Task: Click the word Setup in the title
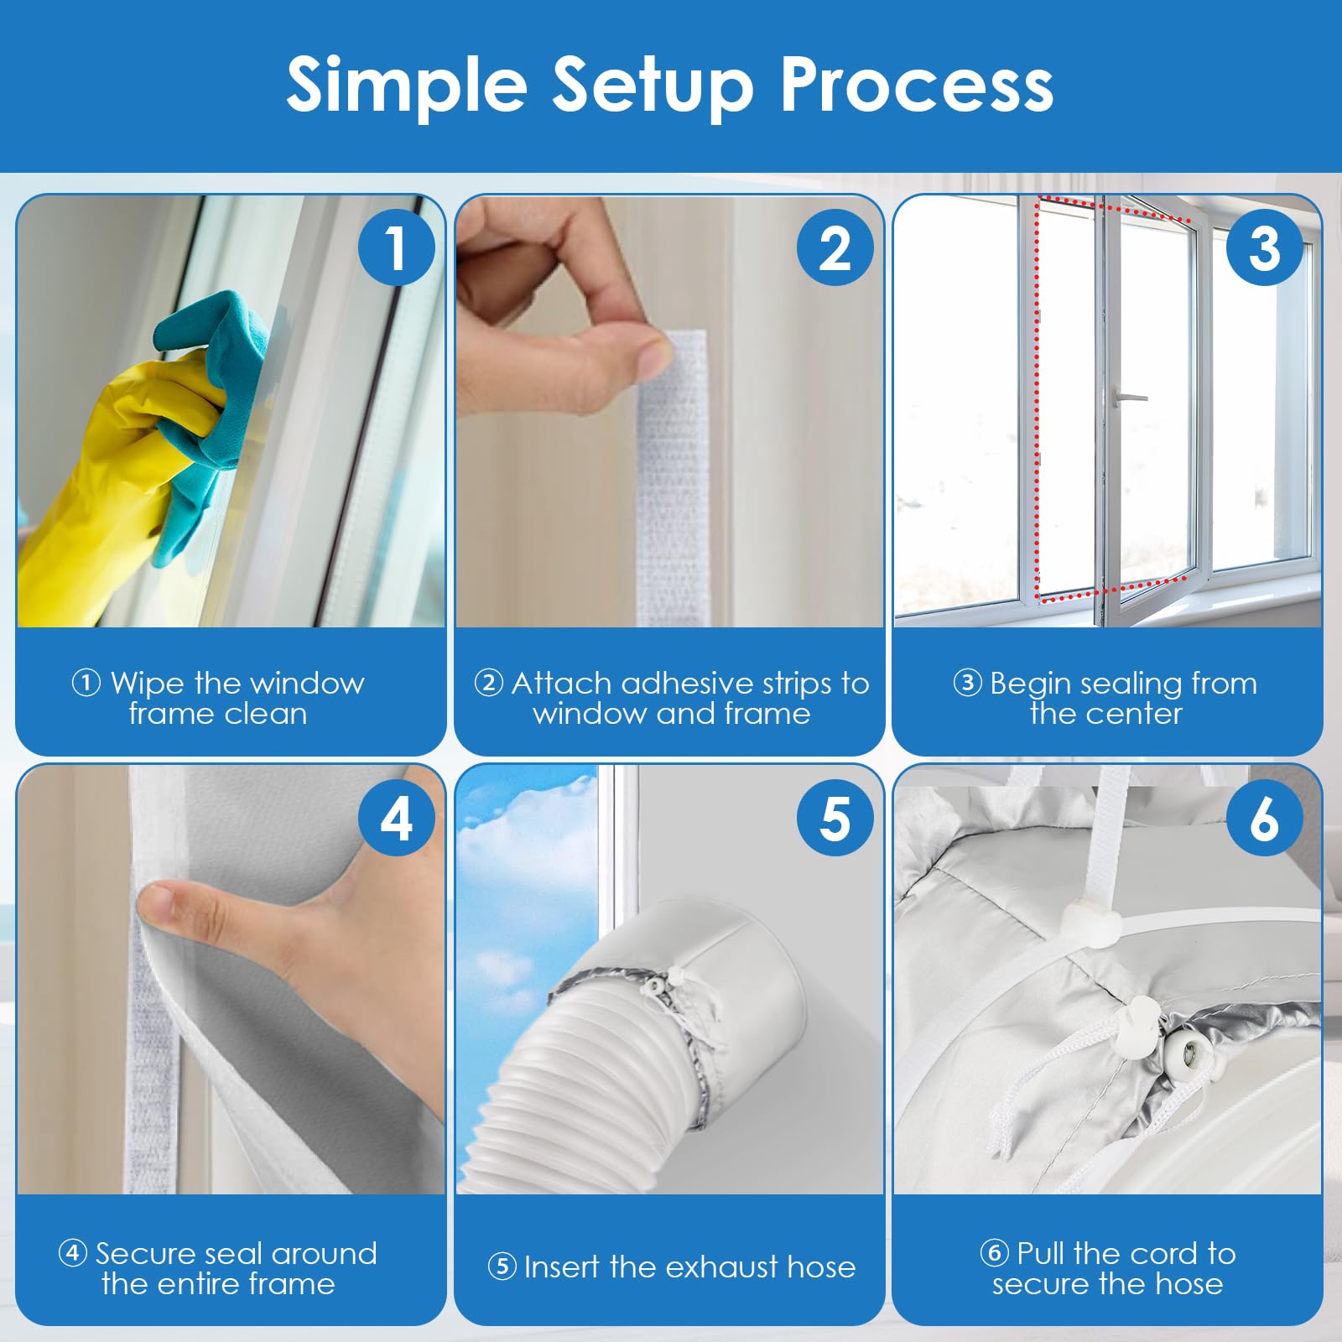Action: coord(653,86)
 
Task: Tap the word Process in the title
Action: coord(917,84)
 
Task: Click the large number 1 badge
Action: coord(396,247)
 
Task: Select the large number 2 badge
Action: coord(835,247)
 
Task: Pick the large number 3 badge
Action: coord(1264,247)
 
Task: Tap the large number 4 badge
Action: coord(396,818)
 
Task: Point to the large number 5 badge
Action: coord(835,818)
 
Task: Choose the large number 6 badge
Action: coord(1264,818)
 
